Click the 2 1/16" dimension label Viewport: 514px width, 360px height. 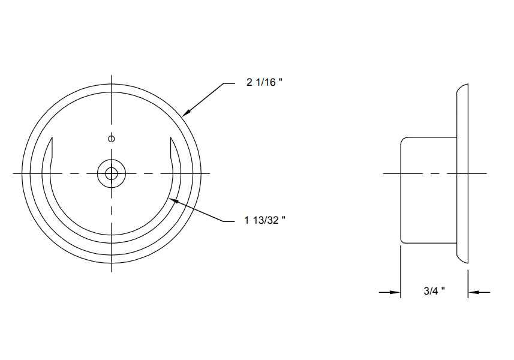(x=264, y=82)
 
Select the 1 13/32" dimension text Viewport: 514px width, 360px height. (x=264, y=220)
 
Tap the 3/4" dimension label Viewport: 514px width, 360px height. (x=434, y=291)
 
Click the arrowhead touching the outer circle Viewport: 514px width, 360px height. (x=186, y=112)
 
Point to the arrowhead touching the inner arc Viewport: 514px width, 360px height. (x=173, y=200)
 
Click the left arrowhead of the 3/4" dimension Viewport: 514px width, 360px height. (x=395, y=292)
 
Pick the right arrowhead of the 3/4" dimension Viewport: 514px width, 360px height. (x=474, y=292)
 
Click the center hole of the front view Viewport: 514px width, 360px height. (x=112, y=173)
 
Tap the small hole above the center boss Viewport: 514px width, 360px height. (x=112, y=139)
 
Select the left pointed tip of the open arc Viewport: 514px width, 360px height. (x=52, y=138)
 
